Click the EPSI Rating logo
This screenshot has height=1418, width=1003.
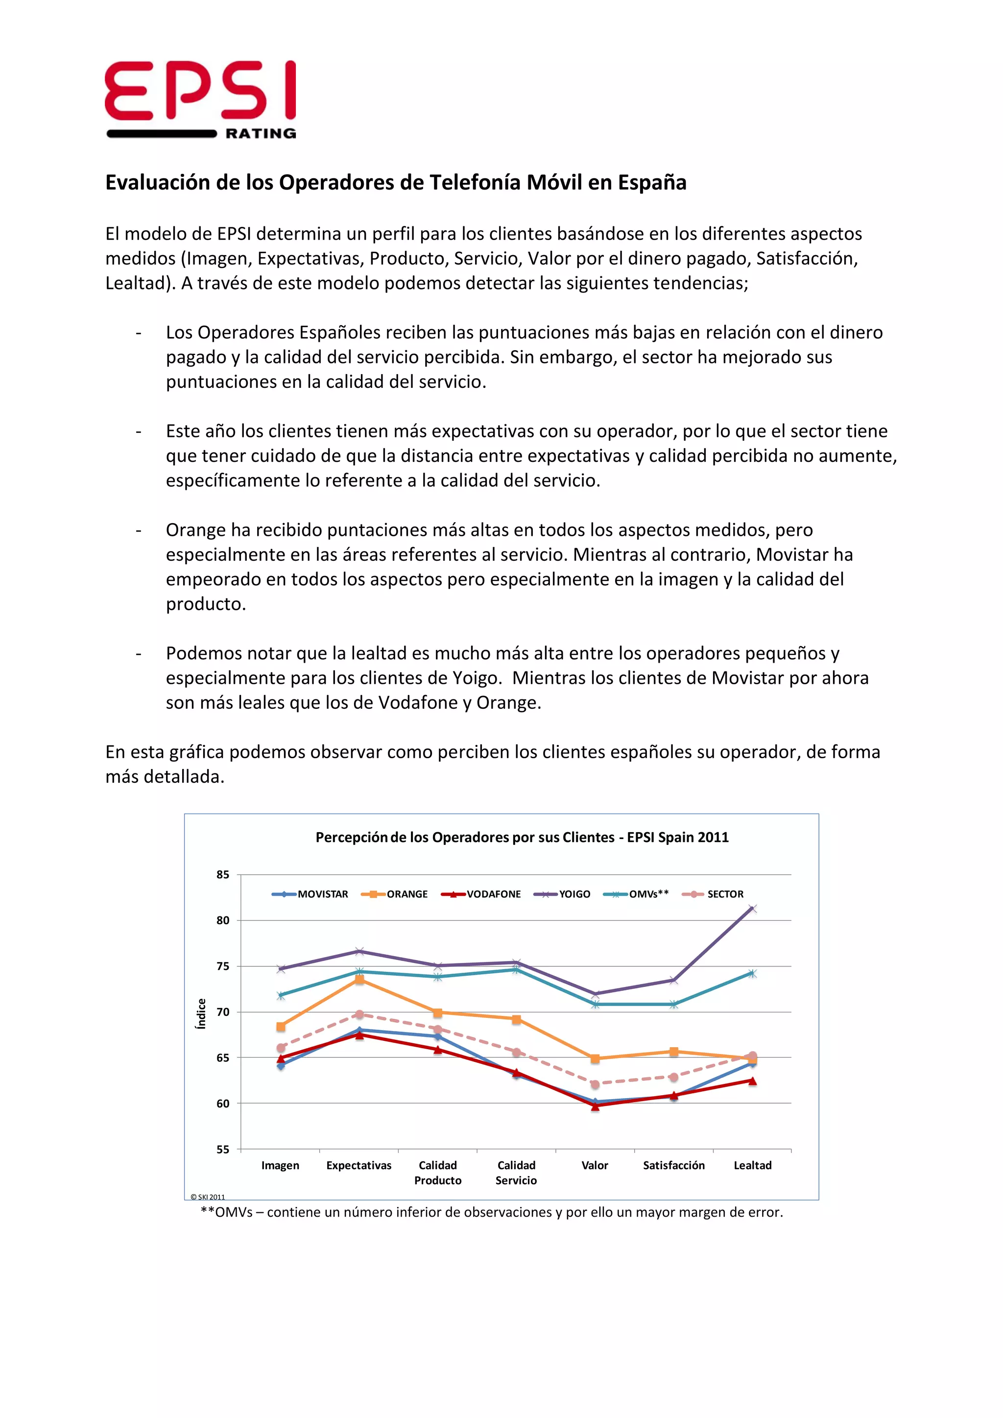pyautogui.click(x=200, y=99)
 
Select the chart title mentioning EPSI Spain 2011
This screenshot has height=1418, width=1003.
pyautogui.click(x=522, y=837)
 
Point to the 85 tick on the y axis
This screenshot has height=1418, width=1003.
pyautogui.click(x=223, y=874)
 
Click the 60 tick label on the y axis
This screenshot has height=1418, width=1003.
pyautogui.click(x=223, y=1104)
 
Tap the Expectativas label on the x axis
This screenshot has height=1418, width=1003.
pyautogui.click(x=359, y=1165)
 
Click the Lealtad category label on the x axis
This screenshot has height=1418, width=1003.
pyautogui.click(x=752, y=1165)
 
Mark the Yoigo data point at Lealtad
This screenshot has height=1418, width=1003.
pyautogui.click(x=752, y=909)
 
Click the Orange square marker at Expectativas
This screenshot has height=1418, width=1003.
pyautogui.click(x=359, y=980)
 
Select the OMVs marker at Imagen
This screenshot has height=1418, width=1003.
pyautogui.click(x=281, y=996)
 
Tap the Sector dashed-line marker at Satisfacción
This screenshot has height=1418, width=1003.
pyautogui.click(x=674, y=1077)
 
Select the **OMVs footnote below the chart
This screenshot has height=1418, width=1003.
pyautogui.click(x=492, y=1212)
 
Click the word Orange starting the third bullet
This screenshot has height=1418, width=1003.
pyautogui.click(x=196, y=530)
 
